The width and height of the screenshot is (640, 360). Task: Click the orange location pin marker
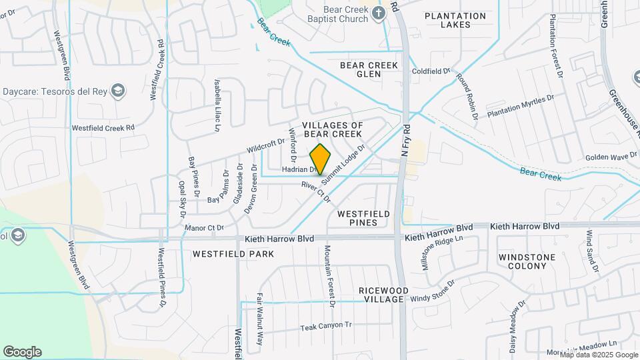click(321, 159)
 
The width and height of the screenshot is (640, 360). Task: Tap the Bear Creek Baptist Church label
click(336, 14)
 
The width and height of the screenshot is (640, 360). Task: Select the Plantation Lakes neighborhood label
click(455, 20)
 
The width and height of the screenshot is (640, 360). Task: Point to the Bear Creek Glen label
click(369, 69)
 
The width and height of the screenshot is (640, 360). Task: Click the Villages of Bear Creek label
click(332, 129)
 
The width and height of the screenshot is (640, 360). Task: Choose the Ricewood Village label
click(381, 295)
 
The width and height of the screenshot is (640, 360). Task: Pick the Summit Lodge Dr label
click(343, 164)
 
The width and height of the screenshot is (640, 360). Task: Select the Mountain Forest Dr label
click(328, 275)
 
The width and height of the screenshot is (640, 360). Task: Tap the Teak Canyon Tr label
click(325, 327)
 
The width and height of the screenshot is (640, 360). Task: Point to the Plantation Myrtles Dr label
click(521, 106)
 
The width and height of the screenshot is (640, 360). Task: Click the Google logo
click(22, 352)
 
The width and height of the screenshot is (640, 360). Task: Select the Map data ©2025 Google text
click(599, 355)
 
